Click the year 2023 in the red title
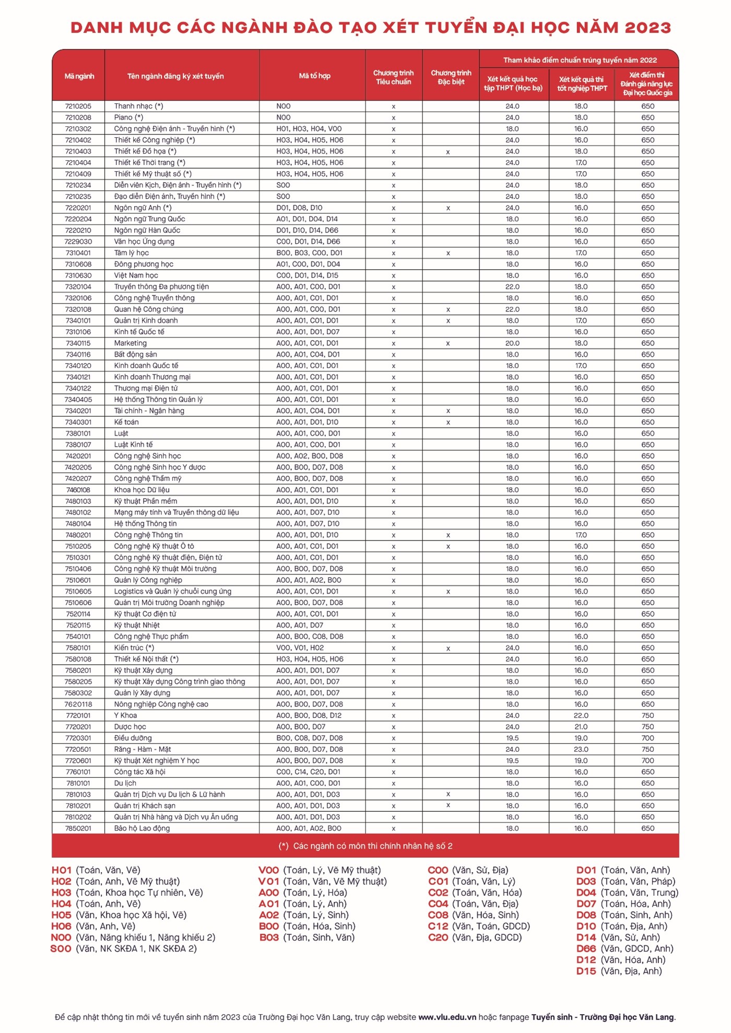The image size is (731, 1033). click(647, 28)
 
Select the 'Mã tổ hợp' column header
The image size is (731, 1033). click(314, 76)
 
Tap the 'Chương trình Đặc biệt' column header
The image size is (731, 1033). click(451, 77)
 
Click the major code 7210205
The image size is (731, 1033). click(78, 106)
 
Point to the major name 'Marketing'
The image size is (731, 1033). click(131, 343)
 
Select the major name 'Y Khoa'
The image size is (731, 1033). click(125, 716)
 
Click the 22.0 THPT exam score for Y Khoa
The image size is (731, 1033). click(581, 716)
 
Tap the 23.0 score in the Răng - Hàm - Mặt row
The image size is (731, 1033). click(581, 750)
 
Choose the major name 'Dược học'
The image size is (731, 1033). click(130, 727)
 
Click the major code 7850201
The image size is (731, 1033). click(78, 828)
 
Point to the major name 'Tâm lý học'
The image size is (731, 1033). click(132, 253)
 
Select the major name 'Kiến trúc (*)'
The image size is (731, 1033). click(134, 648)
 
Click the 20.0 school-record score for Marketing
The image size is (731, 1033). click(512, 343)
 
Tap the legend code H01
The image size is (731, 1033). click(62, 870)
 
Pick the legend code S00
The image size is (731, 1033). click(61, 949)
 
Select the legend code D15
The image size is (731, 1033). click(586, 971)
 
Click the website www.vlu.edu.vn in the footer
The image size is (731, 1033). click(447, 1017)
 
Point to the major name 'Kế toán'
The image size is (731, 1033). click(126, 422)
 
